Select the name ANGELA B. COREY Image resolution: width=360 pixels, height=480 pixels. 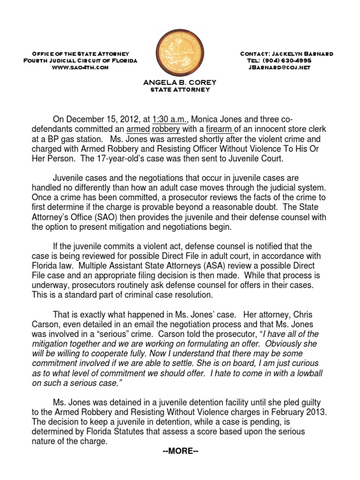pyautogui.click(x=180, y=82)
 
